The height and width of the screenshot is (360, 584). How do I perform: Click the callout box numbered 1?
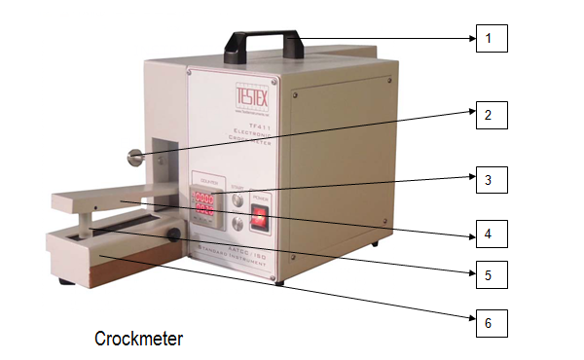coord(490,38)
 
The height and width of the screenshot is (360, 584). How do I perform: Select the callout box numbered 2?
coord(490,116)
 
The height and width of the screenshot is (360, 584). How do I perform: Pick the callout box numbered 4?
coord(490,234)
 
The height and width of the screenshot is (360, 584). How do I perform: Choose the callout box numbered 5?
coord(490,274)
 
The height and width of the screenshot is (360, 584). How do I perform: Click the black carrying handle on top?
coord(257,40)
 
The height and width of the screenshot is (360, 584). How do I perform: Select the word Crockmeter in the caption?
coord(138,339)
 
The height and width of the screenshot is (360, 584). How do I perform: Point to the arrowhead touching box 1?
coord(470,38)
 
